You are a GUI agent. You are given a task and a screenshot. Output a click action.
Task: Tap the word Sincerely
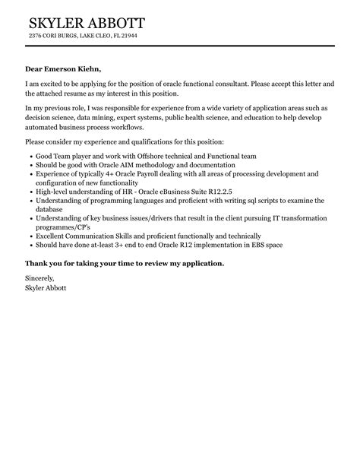[39, 279]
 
